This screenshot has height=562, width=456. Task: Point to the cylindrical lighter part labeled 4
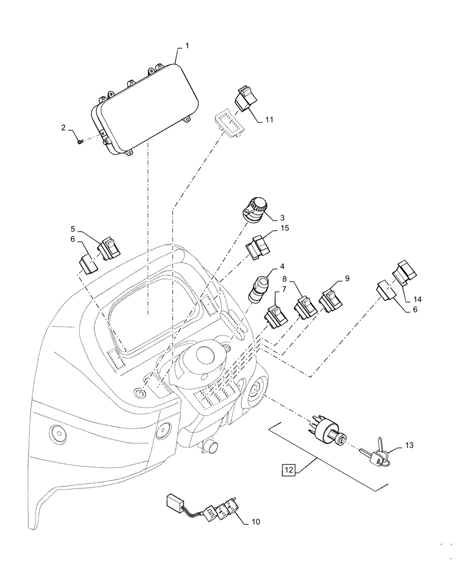[x=261, y=287]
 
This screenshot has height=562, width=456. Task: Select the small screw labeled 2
[x=80, y=141]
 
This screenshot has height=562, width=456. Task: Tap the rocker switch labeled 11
[x=245, y=101]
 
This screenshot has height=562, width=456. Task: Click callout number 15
[x=286, y=228]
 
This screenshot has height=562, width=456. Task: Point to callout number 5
[x=73, y=229]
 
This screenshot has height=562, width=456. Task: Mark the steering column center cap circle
[x=205, y=355]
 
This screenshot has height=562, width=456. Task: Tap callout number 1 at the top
[x=187, y=44]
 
